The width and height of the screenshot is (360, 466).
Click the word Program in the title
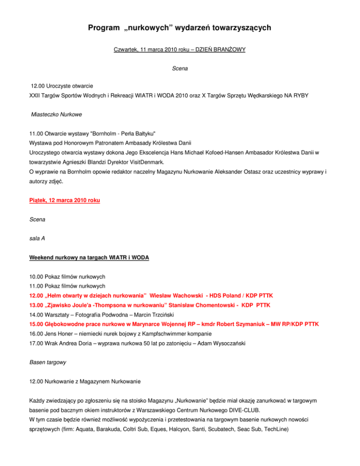103,28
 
